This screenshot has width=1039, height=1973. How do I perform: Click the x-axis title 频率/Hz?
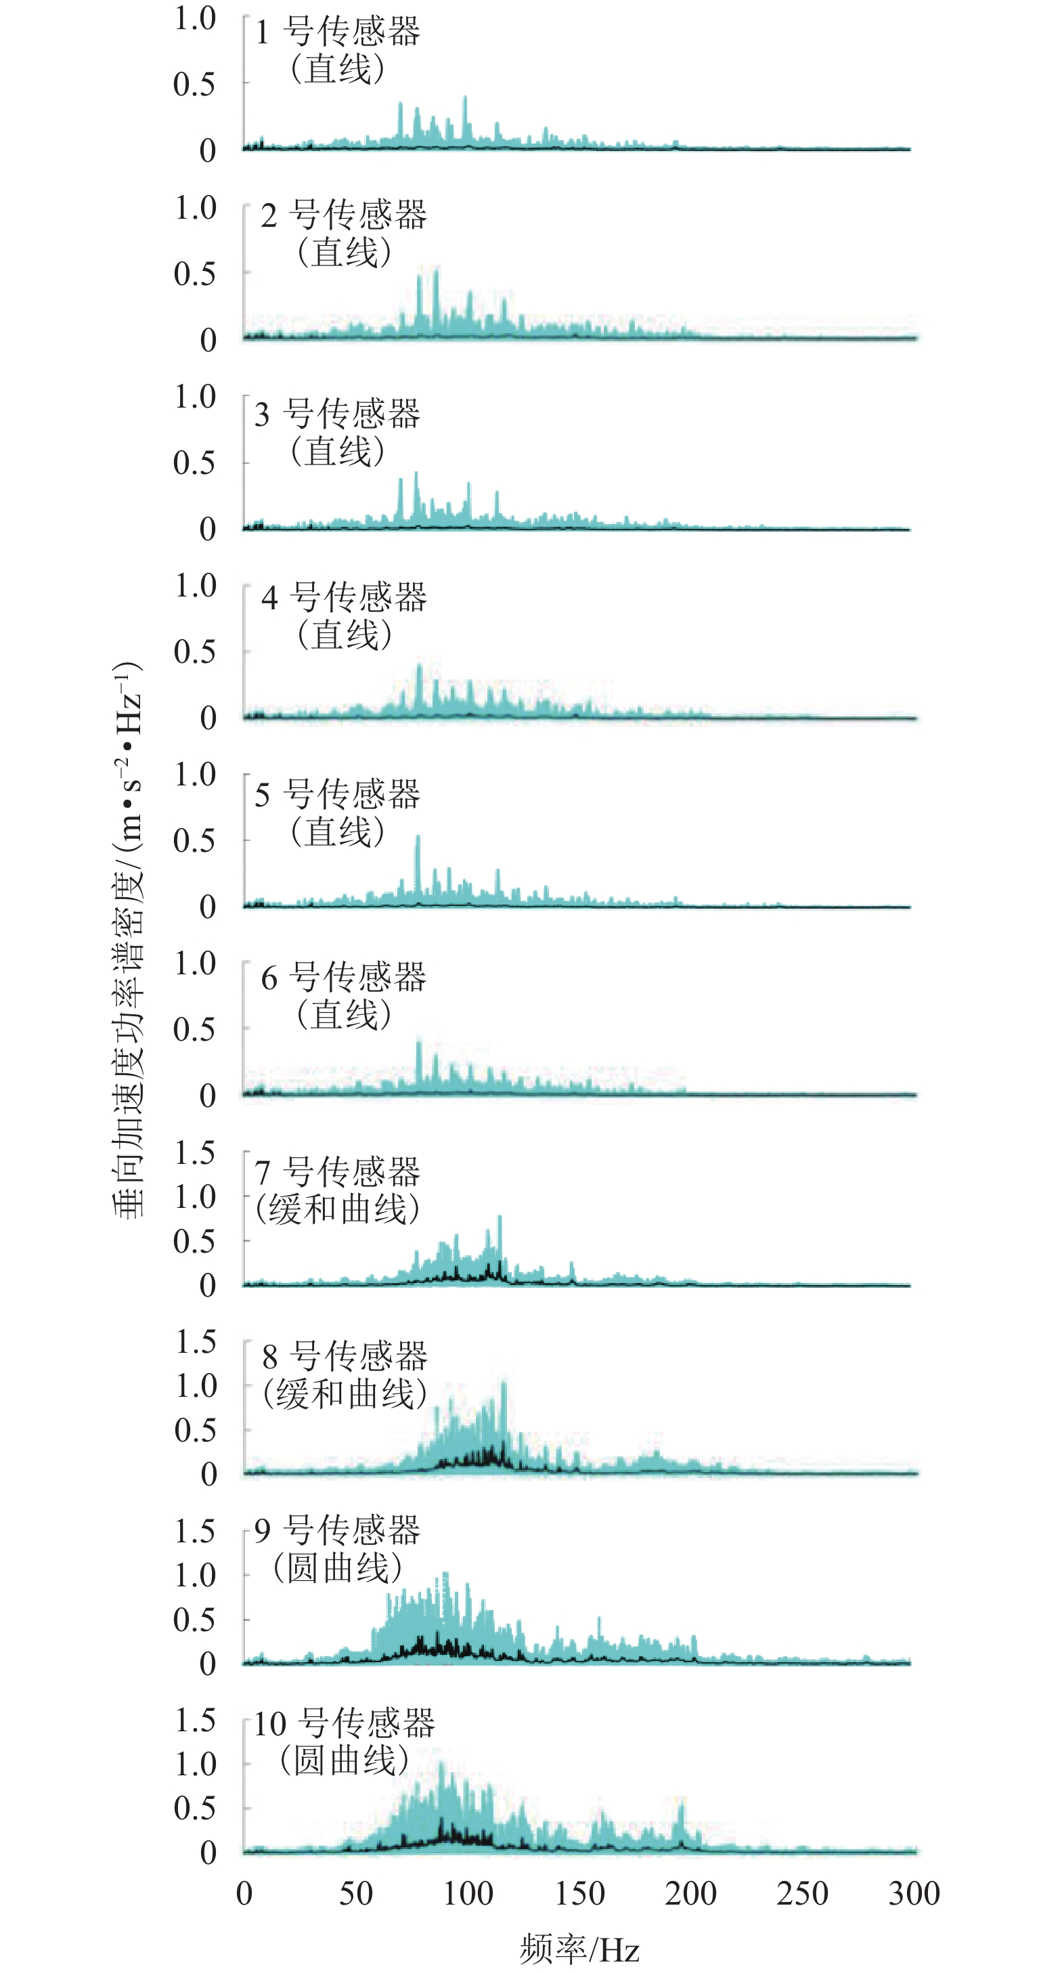579,1949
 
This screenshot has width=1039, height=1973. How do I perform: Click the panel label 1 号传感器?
338,32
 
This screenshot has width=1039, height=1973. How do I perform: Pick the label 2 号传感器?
344,215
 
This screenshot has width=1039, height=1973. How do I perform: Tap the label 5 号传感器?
338,794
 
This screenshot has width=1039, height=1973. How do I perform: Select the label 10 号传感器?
344,1723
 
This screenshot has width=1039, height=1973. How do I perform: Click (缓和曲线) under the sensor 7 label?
338,1209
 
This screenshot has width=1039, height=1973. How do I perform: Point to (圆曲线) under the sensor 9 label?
338,1568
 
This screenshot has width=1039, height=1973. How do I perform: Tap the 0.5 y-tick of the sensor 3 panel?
194,462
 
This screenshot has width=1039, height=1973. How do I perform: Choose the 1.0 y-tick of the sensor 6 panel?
195,963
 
